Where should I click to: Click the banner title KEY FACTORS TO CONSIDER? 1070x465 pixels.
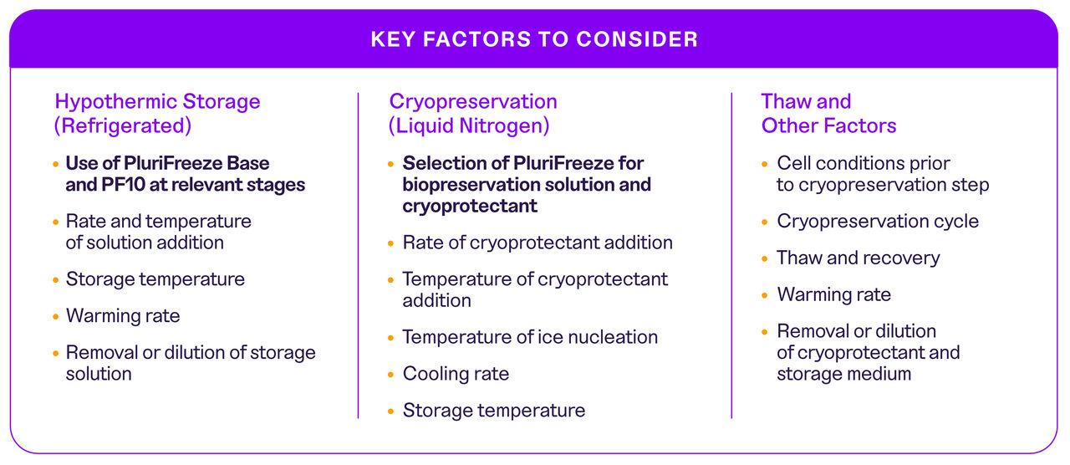[534, 39]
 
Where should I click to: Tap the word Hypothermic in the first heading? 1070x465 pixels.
[115, 102]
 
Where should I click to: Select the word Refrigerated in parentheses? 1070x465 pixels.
[123, 126]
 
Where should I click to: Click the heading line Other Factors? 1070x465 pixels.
[828, 126]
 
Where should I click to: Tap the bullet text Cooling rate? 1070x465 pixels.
[456, 374]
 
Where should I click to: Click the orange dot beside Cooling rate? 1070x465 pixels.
[391, 375]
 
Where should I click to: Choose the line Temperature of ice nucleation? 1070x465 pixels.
[530, 337]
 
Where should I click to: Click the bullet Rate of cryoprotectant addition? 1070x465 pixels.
[538, 243]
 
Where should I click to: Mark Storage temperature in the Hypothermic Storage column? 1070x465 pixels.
[155, 279]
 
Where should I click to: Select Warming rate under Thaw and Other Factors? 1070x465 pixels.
[833, 294]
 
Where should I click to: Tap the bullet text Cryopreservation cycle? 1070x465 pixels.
[878, 222]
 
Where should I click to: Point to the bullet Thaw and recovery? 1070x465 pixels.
[858, 258]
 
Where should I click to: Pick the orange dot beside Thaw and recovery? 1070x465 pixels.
[765, 259]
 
